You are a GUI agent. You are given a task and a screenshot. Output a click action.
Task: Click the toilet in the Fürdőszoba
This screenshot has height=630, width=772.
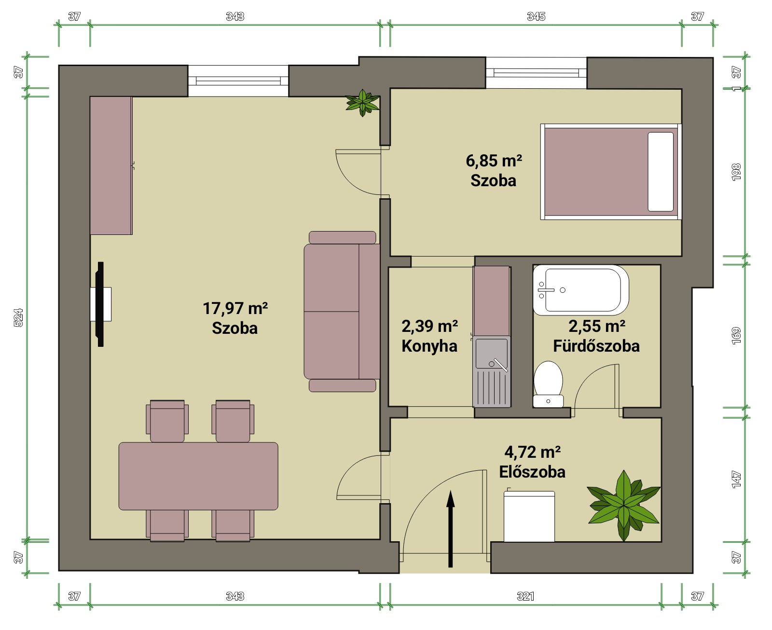pyautogui.click(x=548, y=384)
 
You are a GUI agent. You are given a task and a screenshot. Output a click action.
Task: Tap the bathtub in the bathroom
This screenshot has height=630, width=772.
pyautogui.click(x=580, y=290)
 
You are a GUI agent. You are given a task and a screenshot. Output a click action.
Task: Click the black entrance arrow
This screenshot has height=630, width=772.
pyautogui.click(x=450, y=529)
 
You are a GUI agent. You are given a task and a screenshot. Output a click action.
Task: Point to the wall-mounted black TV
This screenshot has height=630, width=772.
pyautogui.click(x=100, y=304)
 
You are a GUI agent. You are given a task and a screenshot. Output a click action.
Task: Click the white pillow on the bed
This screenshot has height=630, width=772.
pyautogui.click(x=661, y=172)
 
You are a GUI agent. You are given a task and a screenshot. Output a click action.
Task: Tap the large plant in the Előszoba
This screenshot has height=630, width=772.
pyautogui.click(x=624, y=506)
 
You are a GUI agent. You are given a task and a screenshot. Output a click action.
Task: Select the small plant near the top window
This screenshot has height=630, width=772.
pyautogui.click(x=362, y=103)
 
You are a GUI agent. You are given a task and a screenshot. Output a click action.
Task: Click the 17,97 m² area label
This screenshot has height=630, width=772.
pyautogui.click(x=235, y=308)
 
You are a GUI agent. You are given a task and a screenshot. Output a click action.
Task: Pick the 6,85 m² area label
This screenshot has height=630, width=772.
pyautogui.click(x=494, y=161)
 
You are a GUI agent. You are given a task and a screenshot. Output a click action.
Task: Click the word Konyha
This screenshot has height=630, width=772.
pyautogui.click(x=429, y=346)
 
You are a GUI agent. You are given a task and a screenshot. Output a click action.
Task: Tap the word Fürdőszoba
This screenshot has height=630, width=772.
pyautogui.click(x=596, y=346)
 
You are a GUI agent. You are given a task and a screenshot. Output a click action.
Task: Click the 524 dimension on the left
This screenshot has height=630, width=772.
pyautogui.click(x=18, y=317)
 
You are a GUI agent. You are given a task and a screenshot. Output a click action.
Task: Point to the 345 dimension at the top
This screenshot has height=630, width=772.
pyautogui.click(x=536, y=16)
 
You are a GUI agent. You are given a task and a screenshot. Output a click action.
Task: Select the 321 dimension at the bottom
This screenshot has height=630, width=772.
pyautogui.click(x=525, y=596)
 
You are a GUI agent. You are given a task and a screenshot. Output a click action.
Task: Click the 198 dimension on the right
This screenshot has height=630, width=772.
pyautogui.click(x=736, y=172)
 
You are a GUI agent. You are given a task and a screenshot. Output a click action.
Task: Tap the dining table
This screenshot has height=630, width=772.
pyautogui.click(x=198, y=476)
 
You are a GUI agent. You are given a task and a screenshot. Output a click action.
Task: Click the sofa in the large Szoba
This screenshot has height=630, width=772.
pyautogui.click(x=342, y=312)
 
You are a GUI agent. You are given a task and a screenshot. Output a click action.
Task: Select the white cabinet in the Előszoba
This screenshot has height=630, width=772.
pyautogui.click(x=529, y=516)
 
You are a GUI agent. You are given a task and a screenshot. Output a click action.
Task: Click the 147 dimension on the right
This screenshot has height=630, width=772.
pyautogui.click(x=736, y=479)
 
